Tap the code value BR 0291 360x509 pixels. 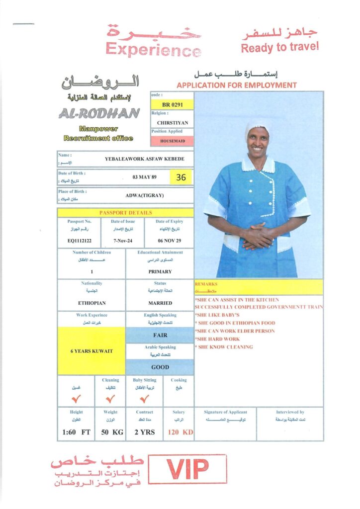pyautogui.click(x=172, y=105)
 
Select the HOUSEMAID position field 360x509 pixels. pyautogui.click(x=172, y=141)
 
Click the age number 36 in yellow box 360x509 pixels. pyautogui.click(x=181, y=177)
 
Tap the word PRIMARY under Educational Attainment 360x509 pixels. pyautogui.click(x=160, y=271)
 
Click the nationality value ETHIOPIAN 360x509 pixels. pyautogui.click(x=92, y=303)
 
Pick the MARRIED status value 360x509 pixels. pyautogui.click(x=160, y=303)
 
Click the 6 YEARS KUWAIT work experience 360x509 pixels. pyautogui.click(x=92, y=351)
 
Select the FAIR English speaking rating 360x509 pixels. pyautogui.click(x=160, y=335)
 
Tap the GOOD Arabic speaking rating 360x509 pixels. pyautogui.click(x=160, y=367)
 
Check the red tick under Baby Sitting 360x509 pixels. pyautogui.click(x=144, y=398)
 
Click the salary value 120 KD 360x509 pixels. pyautogui.click(x=180, y=432)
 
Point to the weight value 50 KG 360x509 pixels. pyautogui.click(x=112, y=432)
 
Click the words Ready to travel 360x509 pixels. pyautogui.click(x=280, y=47)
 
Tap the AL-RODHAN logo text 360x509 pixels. pyautogui.click(x=99, y=114)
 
